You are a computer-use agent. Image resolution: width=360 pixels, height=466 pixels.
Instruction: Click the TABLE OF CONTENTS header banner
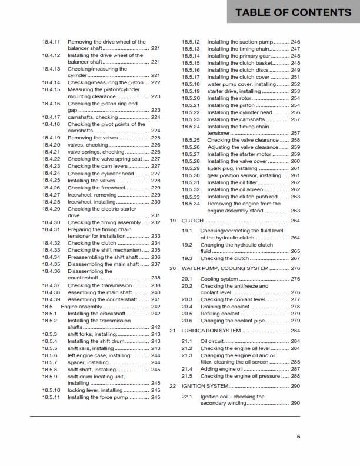pyautogui.click(x=293, y=12)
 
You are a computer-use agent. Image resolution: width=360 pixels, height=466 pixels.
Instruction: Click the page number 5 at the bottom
pyautogui.click(x=298, y=437)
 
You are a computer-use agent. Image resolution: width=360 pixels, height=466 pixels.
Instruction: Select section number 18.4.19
pyautogui.click(x=51, y=138)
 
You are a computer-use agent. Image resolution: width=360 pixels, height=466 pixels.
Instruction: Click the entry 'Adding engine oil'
pyautogui.click(x=222, y=368)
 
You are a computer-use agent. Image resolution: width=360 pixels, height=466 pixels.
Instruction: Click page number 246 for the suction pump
pyautogui.click(x=295, y=42)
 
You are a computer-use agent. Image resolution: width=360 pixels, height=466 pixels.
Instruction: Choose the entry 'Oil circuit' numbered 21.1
pyautogui.click(x=212, y=341)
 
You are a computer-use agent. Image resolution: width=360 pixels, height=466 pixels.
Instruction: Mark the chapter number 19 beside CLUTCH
pyautogui.click(x=173, y=221)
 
